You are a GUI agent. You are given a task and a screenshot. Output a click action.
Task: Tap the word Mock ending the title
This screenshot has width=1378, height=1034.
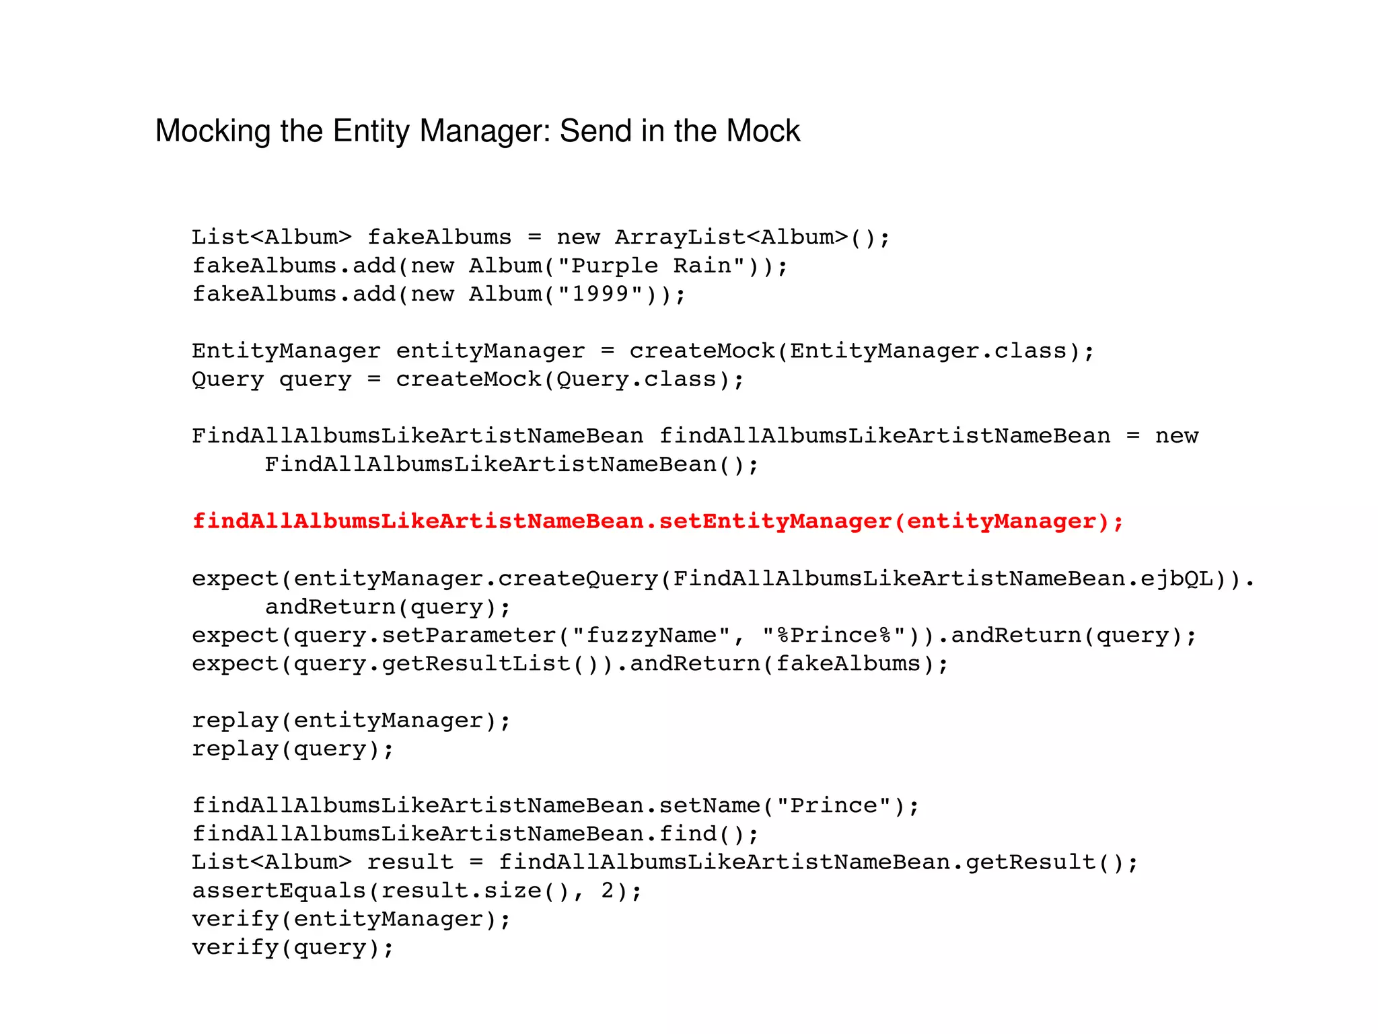(763, 131)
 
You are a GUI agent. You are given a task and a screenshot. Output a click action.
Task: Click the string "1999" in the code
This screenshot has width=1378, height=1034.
(600, 295)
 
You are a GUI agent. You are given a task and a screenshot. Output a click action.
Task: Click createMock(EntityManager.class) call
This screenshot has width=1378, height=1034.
(861, 351)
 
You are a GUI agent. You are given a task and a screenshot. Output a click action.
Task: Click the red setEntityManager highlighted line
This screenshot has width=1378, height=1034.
(657, 521)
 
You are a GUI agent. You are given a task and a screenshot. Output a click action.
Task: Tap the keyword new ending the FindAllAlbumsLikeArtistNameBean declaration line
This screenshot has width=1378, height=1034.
(1176, 436)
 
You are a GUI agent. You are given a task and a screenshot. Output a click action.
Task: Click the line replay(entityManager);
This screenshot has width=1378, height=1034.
(351, 721)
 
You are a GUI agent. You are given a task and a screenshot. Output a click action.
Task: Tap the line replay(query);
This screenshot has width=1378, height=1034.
(292, 749)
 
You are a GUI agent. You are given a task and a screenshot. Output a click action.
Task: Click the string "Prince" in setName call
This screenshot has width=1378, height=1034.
(834, 805)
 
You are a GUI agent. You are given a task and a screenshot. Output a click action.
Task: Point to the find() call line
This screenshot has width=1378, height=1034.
(475, 834)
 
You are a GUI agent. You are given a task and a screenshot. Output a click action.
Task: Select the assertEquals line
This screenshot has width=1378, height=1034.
(416, 891)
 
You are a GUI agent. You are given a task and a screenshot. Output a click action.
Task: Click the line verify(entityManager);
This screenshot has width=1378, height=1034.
(351, 919)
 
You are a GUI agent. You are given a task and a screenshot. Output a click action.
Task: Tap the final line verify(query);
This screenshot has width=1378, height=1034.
(292, 947)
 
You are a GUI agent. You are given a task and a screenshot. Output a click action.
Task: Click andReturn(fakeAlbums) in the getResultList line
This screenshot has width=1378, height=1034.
(789, 664)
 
